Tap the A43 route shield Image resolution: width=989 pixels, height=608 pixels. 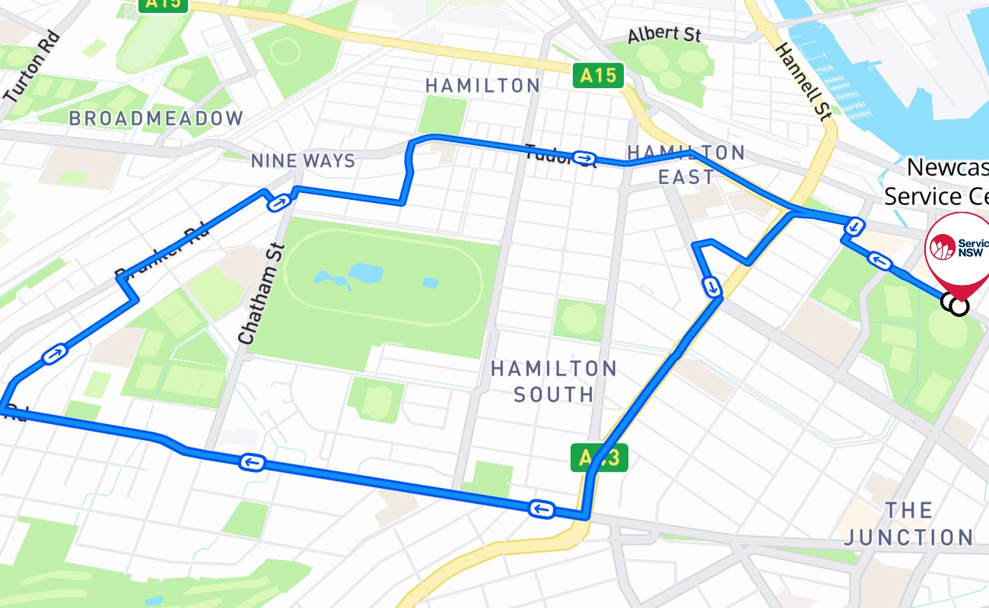tap(599, 458)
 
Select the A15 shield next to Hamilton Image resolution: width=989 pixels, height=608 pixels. tap(597, 75)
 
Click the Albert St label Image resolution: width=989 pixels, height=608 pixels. tap(663, 35)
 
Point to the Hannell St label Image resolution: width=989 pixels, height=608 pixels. tap(803, 81)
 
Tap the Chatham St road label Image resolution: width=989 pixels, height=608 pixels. tap(259, 293)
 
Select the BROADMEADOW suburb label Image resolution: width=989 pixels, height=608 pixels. tap(156, 119)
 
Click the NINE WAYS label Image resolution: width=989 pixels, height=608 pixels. tap(303, 161)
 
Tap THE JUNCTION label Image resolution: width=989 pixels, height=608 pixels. tap(908, 524)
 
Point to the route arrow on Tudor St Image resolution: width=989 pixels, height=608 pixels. tap(584, 157)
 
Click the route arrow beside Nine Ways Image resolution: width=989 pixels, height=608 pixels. tap(279, 202)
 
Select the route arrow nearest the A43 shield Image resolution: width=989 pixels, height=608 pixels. tap(540, 508)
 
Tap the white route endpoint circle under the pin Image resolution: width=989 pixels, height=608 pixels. tap(959, 306)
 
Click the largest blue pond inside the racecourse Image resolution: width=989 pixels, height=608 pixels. tap(366, 272)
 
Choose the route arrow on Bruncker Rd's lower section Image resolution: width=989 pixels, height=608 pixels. tap(56, 353)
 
